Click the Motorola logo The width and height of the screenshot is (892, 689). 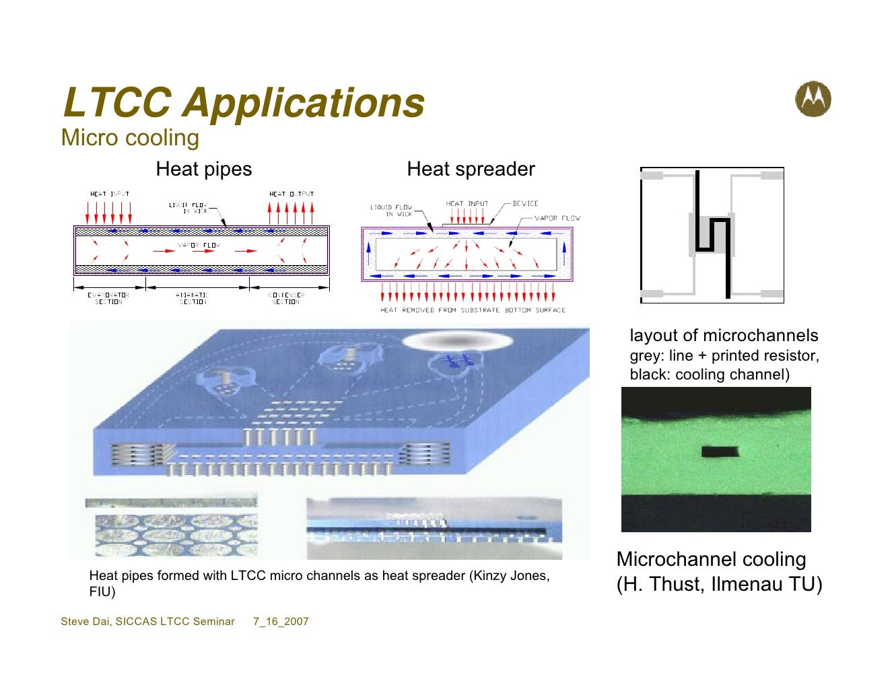pyautogui.click(x=813, y=100)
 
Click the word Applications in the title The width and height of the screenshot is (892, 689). pyautogui.click(x=304, y=103)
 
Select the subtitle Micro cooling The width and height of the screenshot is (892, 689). pyautogui.click(x=130, y=138)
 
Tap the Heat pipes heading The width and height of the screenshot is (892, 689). pyautogui.click(x=203, y=169)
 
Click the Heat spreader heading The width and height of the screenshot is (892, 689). pyautogui.click(x=471, y=169)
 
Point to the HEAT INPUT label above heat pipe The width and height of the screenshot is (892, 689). pyautogui.click(x=109, y=194)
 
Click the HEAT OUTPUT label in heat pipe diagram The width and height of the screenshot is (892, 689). pyautogui.click(x=291, y=194)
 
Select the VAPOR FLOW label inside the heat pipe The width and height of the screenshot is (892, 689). pyautogui.click(x=199, y=245)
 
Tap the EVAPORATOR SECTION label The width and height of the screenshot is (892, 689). pyautogui.click(x=108, y=298)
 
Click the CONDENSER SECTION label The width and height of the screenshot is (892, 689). pyautogui.click(x=286, y=298)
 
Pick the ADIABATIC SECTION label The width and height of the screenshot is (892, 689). pyautogui.click(x=193, y=298)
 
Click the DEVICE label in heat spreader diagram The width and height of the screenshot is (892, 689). pyautogui.click(x=525, y=203)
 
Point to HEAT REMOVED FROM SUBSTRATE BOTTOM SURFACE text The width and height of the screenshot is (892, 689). pyautogui.click(x=473, y=310)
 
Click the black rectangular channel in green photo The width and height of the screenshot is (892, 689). pyautogui.click(x=719, y=451)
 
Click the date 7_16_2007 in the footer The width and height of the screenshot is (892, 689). pyautogui.click(x=281, y=622)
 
